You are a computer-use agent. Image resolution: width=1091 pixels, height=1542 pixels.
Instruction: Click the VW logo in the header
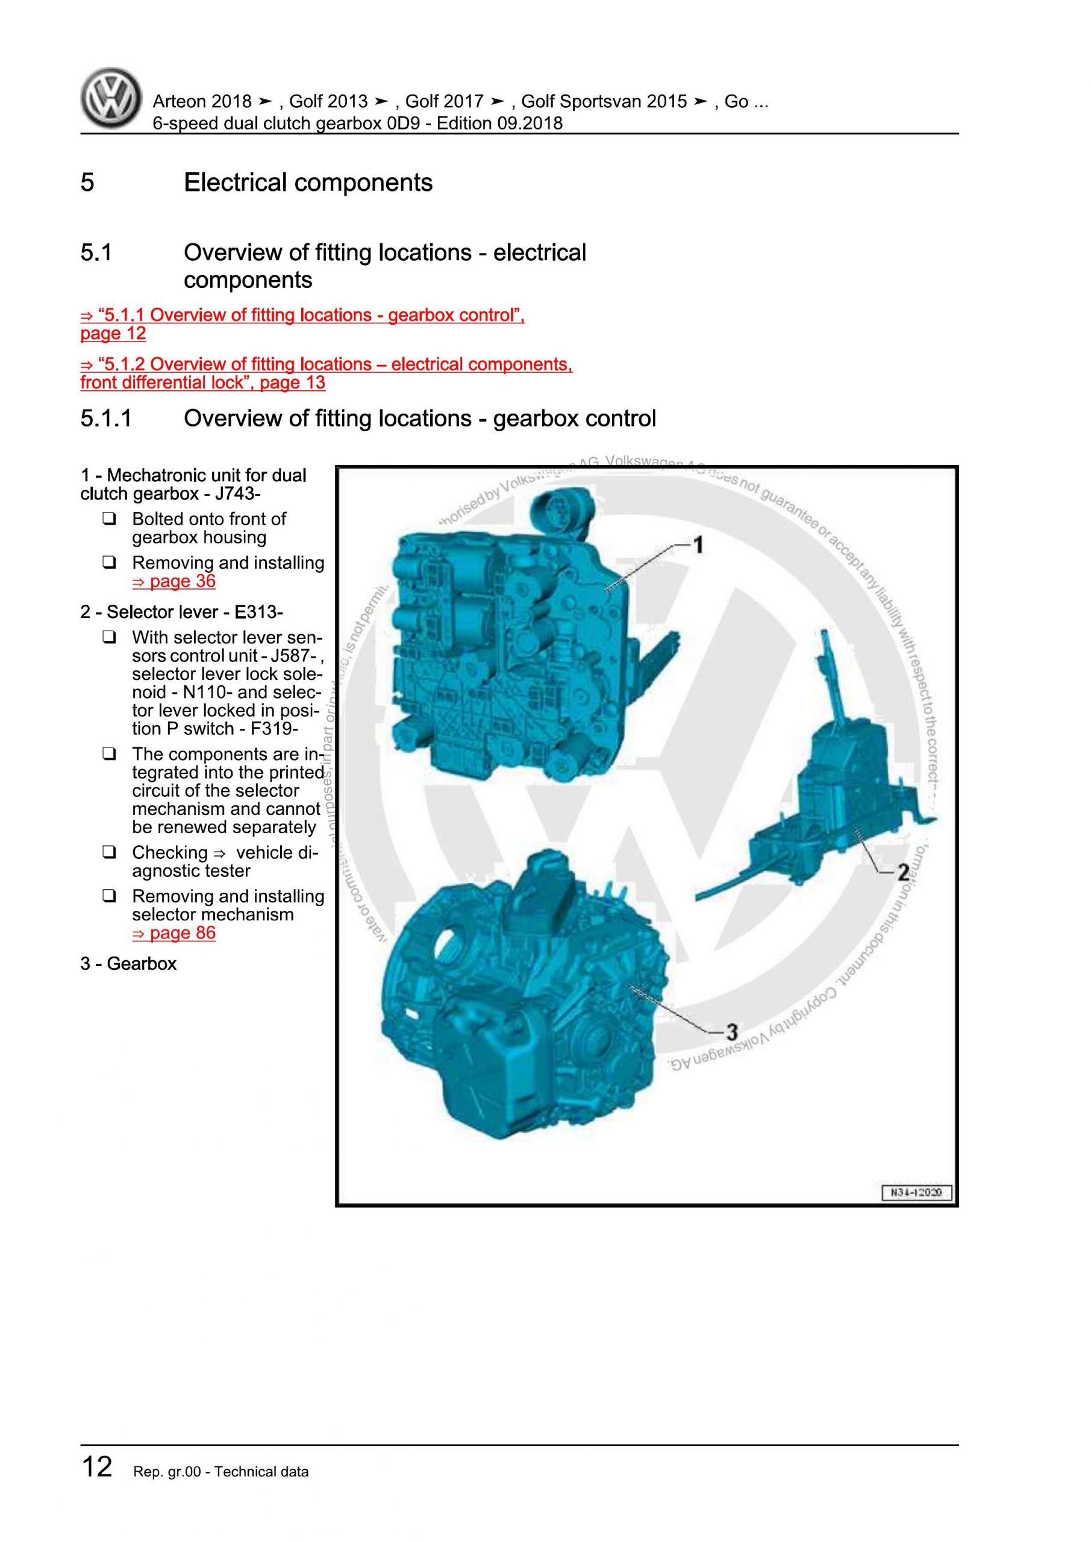[x=111, y=99]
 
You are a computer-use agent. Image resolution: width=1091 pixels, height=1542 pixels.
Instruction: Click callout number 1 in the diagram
[x=698, y=545]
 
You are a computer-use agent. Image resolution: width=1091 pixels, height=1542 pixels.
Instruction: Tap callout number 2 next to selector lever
[x=903, y=872]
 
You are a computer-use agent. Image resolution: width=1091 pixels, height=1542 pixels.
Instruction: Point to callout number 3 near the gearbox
[x=731, y=1031]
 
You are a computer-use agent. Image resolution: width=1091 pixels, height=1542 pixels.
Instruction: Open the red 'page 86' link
[x=174, y=933]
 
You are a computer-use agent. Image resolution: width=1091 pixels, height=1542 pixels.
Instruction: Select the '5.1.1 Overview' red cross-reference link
[x=302, y=316]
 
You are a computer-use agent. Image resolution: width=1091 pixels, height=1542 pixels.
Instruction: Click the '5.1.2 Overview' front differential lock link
[x=326, y=364]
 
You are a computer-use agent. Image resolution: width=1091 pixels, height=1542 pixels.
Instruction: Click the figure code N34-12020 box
[x=916, y=1193]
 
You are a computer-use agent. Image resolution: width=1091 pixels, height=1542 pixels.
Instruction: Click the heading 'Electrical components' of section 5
[x=308, y=183]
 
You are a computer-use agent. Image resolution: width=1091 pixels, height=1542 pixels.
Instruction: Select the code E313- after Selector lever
[x=258, y=612]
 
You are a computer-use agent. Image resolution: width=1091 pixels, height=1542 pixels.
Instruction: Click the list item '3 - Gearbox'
[x=128, y=964]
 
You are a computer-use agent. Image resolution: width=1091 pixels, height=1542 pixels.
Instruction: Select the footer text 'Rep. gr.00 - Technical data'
[x=221, y=1491]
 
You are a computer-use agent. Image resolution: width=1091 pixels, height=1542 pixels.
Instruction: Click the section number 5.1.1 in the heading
[x=106, y=419]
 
